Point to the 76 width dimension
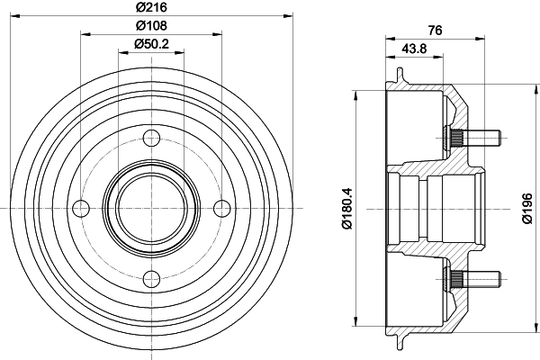click(x=435, y=30)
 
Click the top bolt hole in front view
click(x=151, y=138)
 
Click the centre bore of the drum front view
click(x=151, y=207)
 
